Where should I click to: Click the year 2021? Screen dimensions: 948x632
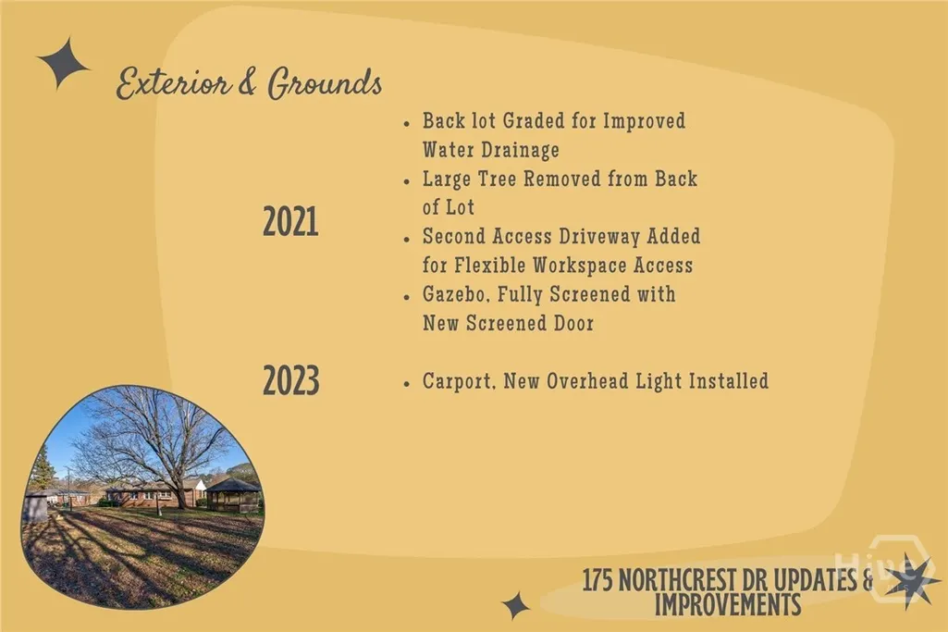[290, 221]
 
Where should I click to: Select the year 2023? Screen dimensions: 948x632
[291, 381]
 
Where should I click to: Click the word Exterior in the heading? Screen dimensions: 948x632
[174, 83]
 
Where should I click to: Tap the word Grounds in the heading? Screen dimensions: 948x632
[325, 82]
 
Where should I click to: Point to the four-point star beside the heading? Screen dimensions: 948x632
[64, 64]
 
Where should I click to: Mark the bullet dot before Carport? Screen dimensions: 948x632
[407, 384]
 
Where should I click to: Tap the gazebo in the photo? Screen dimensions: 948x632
[233, 495]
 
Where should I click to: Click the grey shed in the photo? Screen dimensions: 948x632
[35, 505]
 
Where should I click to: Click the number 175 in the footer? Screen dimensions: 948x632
[597, 580]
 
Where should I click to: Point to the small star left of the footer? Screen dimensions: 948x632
[516, 605]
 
